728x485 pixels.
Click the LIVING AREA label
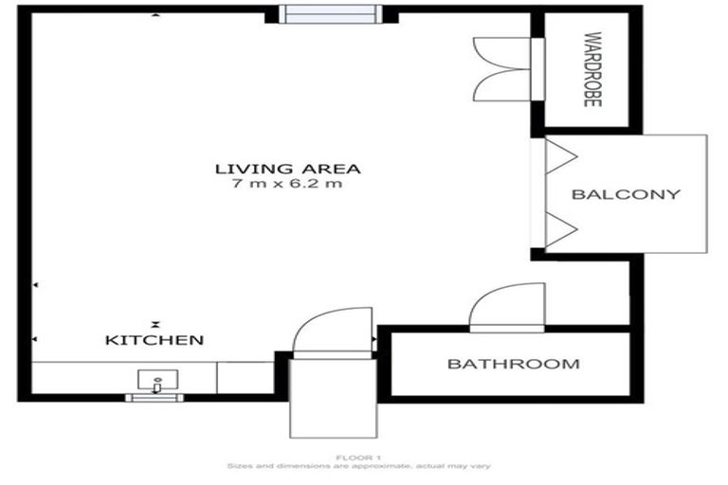(287, 169)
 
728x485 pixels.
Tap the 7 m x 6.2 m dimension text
(287, 185)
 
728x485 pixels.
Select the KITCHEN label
(155, 339)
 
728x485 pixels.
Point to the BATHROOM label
(513, 364)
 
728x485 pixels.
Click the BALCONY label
(626, 194)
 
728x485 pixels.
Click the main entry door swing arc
(332, 329)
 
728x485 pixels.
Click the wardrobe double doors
(501, 69)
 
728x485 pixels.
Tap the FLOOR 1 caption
(357, 458)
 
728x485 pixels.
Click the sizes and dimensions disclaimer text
(357, 467)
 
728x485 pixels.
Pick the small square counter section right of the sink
(246, 377)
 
